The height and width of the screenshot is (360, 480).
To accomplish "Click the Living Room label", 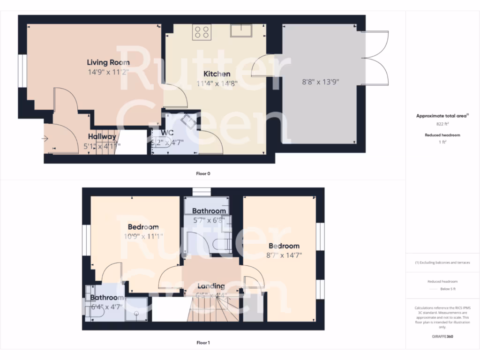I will click(108, 62).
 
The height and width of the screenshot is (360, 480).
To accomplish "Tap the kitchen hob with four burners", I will click(202, 32).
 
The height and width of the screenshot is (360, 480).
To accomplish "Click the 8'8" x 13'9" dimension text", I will click(320, 82).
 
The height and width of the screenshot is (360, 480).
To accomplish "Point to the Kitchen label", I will click(217, 74).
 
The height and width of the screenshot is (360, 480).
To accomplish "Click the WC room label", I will click(167, 133).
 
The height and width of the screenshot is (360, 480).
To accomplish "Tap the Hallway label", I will click(102, 136).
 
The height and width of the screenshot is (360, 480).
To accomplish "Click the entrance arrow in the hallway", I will click(45, 138).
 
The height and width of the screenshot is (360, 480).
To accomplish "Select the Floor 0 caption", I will click(203, 173).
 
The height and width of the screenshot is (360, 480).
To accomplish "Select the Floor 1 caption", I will click(203, 343).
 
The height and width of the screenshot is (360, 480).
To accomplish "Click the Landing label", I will click(211, 286).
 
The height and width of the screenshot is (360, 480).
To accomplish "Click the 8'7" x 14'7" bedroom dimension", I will click(284, 255).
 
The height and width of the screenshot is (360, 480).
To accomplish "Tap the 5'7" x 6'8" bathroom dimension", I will click(209, 220).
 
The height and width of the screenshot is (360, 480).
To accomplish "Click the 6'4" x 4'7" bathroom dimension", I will click(106, 307).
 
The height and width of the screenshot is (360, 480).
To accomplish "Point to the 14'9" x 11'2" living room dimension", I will click(108, 72).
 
